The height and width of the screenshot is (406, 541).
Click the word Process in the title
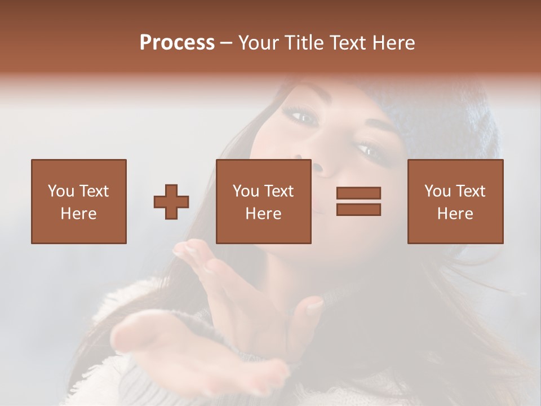[177, 43]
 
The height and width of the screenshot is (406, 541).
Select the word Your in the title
[258, 43]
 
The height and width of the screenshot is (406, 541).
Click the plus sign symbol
[171, 202]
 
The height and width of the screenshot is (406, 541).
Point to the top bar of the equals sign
[358, 193]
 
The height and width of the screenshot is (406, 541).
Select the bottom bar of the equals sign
[358, 210]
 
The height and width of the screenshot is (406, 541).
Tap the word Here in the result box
[455, 214]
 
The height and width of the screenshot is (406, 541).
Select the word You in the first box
[60, 191]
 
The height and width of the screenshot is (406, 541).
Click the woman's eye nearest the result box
[367, 150]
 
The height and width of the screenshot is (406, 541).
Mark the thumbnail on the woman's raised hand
[314, 305]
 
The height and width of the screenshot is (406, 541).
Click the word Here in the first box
[78, 214]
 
